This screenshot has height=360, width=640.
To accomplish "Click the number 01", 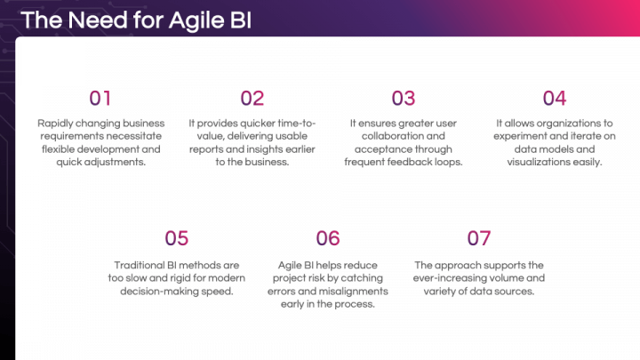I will click(x=100, y=98).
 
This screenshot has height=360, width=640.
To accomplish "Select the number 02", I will click(x=252, y=98).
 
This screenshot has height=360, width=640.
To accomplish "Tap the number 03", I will click(x=404, y=98).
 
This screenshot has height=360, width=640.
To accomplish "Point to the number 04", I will click(x=555, y=98).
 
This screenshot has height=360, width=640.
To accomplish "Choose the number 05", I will click(x=177, y=237).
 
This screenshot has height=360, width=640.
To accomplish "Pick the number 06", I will click(x=328, y=237).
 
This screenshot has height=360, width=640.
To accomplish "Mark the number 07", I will click(x=479, y=237).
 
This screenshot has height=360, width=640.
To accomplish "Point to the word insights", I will click(x=269, y=149).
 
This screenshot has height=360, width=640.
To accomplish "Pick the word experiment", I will click(x=524, y=136).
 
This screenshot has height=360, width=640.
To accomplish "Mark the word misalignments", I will click(x=353, y=292).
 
